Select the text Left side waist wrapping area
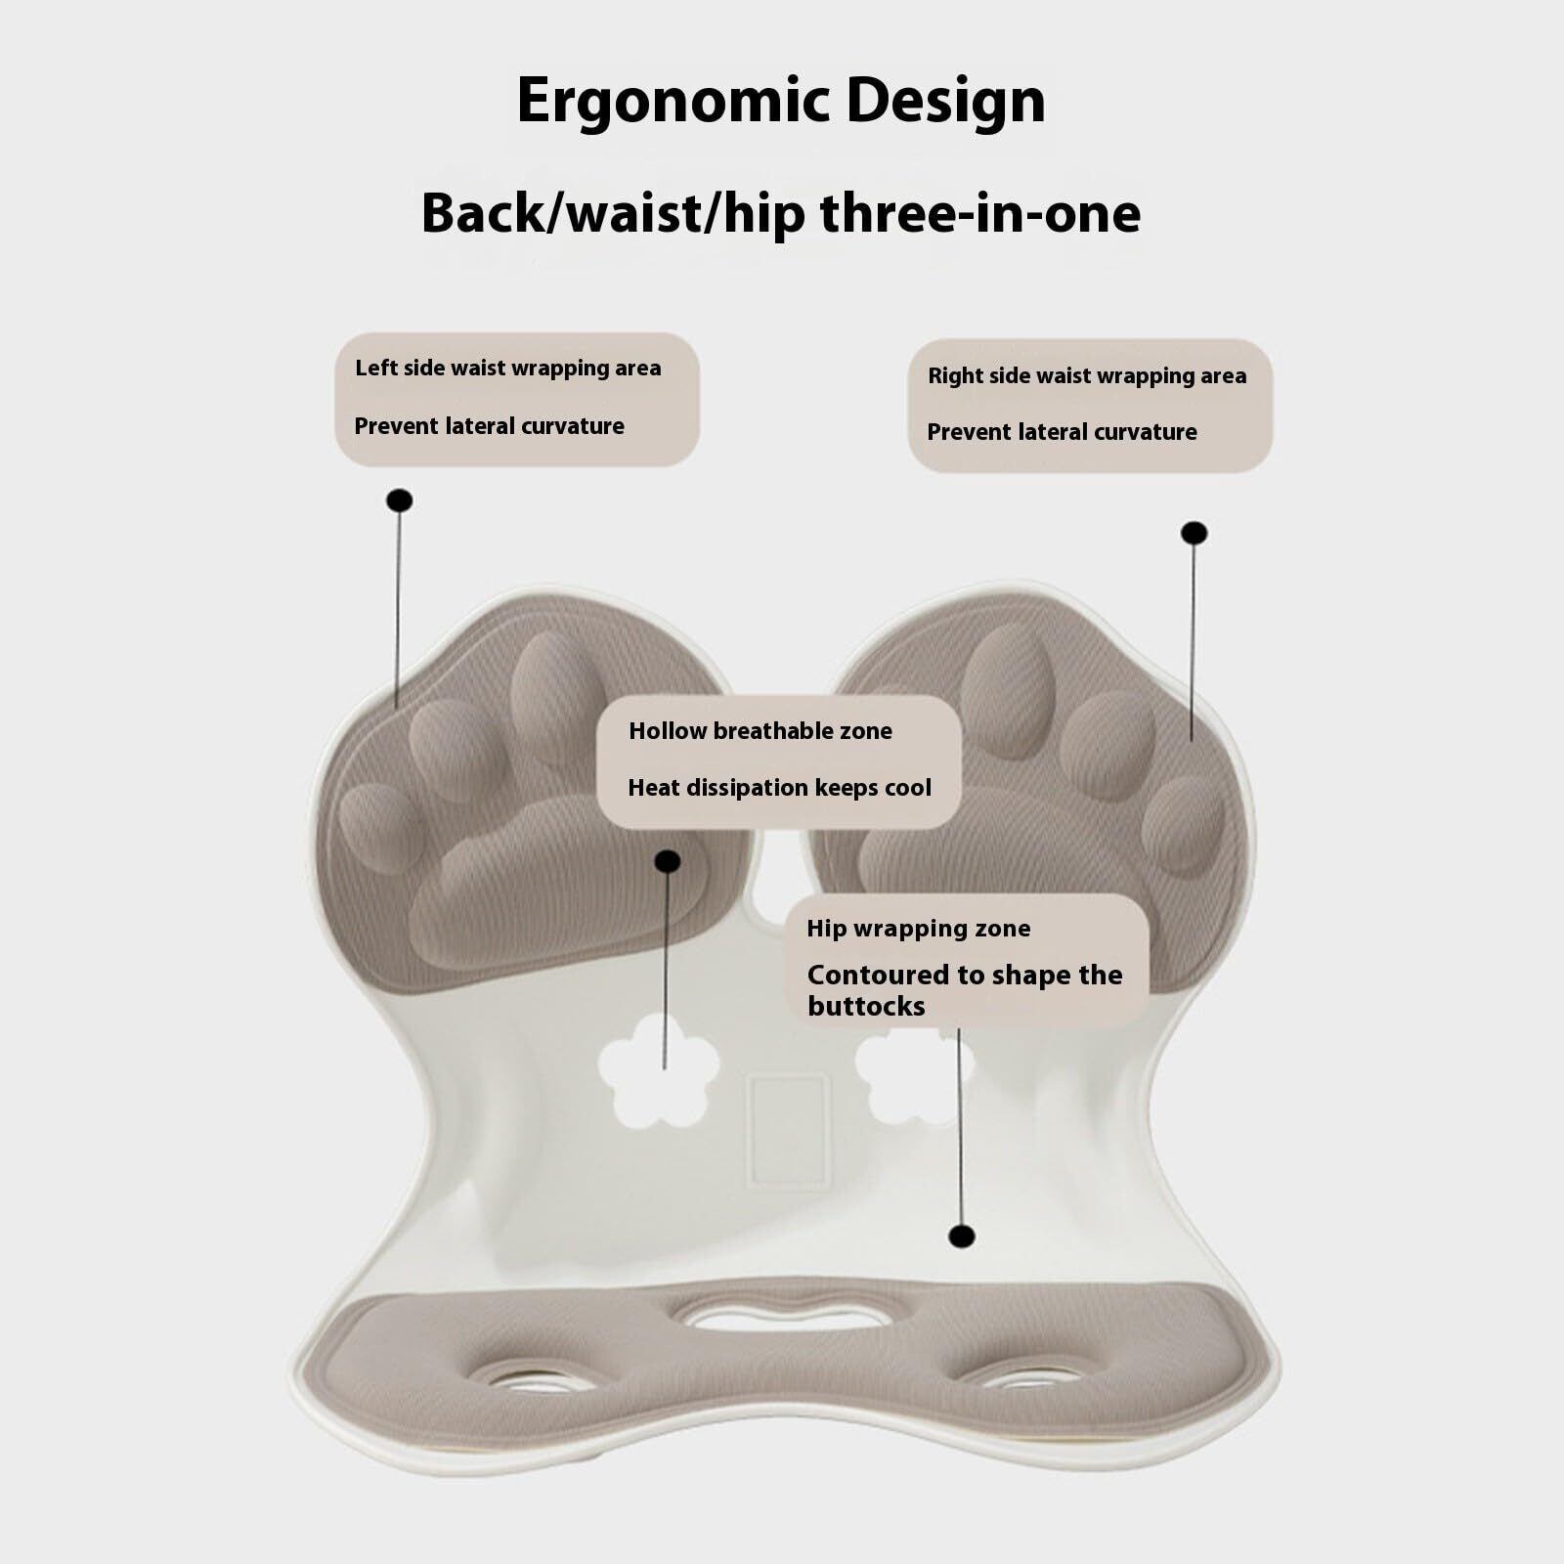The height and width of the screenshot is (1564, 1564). coord(507,369)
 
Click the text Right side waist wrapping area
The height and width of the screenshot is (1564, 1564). coord(1086,376)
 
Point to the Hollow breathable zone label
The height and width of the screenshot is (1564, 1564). coord(760,731)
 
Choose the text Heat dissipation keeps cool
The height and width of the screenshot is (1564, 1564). coord(779,788)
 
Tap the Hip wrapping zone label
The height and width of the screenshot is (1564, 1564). coord(918,929)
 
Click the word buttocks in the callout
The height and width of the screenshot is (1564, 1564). coord(865,1007)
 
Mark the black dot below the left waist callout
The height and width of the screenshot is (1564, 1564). coord(399,500)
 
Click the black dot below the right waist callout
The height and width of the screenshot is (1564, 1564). coord(1194,533)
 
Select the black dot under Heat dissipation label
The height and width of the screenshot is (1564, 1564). coord(668,861)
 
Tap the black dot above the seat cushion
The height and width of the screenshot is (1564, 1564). coord(962,1237)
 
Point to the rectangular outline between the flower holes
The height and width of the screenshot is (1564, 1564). coord(788,1131)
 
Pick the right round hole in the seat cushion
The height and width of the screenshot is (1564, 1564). coord(1021,1377)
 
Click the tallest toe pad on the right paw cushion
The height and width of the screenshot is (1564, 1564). coord(1000,689)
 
